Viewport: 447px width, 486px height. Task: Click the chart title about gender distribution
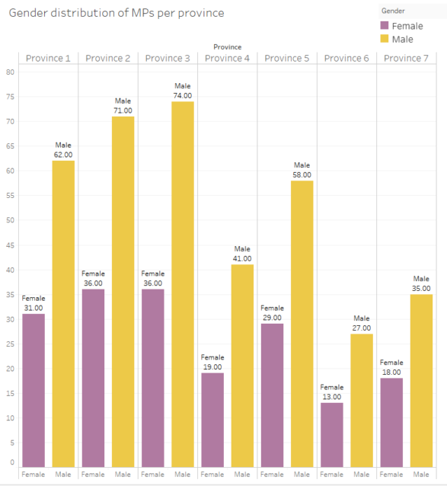point(116,14)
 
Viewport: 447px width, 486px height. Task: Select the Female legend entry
point(402,26)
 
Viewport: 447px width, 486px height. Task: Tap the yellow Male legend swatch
point(385,39)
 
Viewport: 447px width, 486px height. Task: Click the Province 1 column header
point(48,58)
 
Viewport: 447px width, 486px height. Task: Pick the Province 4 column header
point(227,58)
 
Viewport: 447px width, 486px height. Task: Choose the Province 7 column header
point(407,58)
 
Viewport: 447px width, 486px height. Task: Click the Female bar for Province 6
point(332,434)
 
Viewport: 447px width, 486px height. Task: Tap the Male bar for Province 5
point(302,323)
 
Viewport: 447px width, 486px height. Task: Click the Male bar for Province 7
point(422,380)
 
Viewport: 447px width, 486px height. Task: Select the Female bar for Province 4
point(212,419)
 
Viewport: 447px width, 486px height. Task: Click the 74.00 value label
point(183,95)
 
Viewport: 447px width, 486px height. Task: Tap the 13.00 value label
point(332,396)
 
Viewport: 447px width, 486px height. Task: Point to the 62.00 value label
point(63,155)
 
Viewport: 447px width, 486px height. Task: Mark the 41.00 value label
point(242,258)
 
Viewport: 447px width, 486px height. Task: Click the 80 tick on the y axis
point(11,72)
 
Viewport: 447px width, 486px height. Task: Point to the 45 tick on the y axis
point(11,245)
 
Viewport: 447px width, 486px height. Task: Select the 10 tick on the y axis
point(11,417)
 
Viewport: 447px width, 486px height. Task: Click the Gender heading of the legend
point(394,11)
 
